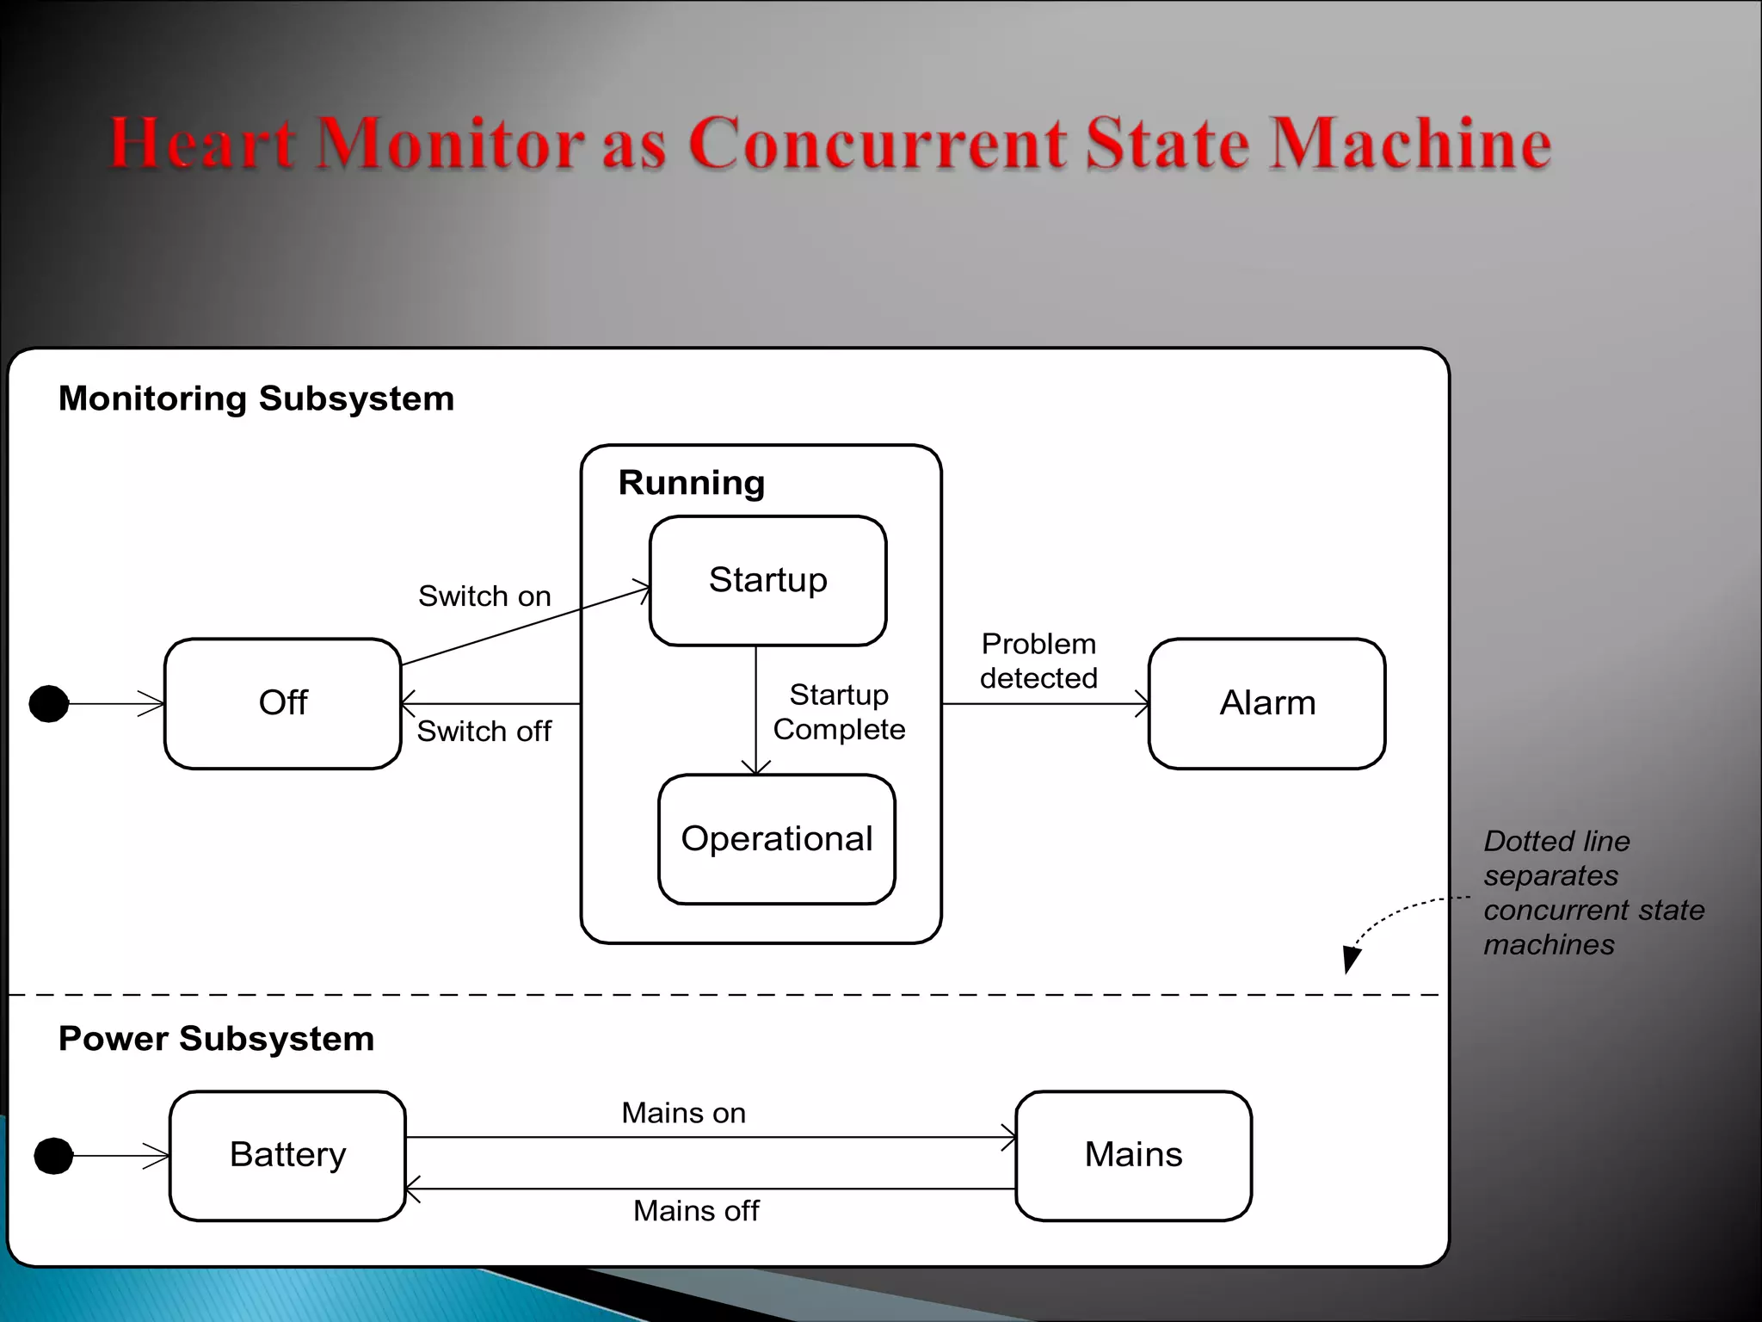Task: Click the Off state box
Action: pyautogui.click(x=282, y=703)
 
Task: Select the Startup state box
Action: pyautogui.click(x=767, y=580)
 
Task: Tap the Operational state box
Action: pyautogui.click(x=776, y=839)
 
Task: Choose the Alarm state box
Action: pyautogui.click(x=1266, y=703)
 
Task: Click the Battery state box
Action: pyautogui.click(x=287, y=1155)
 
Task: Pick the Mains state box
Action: pyautogui.click(x=1133, y=1155)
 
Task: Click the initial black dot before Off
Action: pyautogui.click(x=49, y=703)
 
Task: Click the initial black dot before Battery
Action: pyautogui.click(x=53, y=1155)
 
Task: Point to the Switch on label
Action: pyautogui.click(x=484, y=596)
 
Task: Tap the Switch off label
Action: pyautogui.click(x=484, y=732)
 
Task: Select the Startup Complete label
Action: pyautogui.click(x=839, y=712)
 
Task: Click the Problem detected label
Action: pyautogui.click(x=1038, y=661)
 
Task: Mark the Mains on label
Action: pyautogui.click(x=683, y=1113)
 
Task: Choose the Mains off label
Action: pyautogui.click(x=696, y=1211)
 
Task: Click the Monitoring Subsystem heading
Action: pyautogui.click(x=256, y=398)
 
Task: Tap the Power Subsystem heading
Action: pyautogui.click(x=216, y=1039)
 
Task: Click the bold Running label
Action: pyautogui.click(x=692, y=483)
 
